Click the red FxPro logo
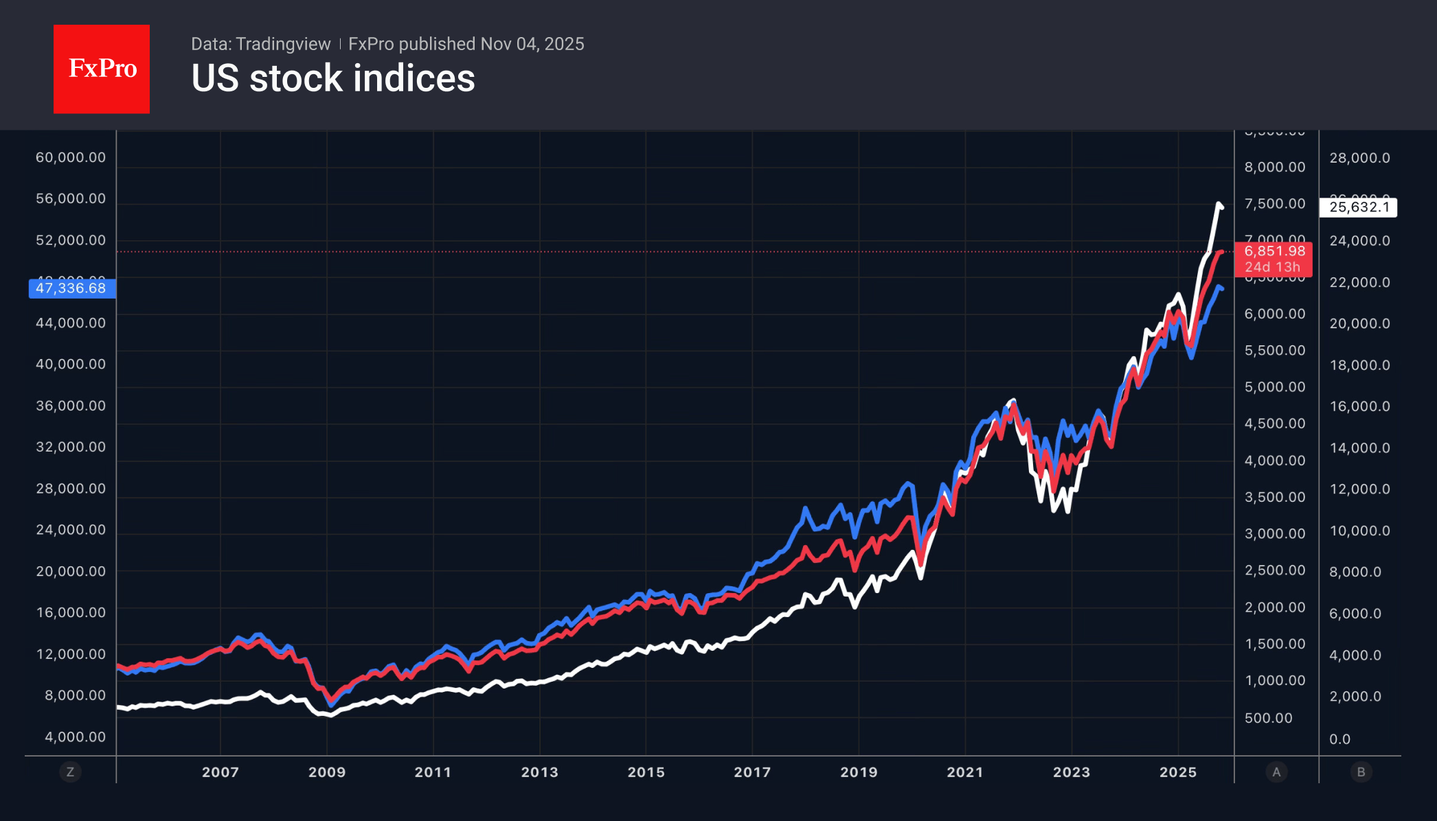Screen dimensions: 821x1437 point(102,69)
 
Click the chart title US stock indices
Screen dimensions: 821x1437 point(332,78)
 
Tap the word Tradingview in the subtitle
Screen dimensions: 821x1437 point(282,44)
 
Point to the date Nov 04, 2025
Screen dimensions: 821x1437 point(532,44)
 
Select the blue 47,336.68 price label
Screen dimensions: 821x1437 point(71,288)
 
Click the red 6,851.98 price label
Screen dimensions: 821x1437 point(1274,252)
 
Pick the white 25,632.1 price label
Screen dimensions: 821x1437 point(1358,207)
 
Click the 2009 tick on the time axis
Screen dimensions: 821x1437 point(327,772)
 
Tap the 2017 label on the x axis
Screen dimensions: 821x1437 point(752,772)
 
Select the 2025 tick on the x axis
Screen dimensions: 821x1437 point(1178,772)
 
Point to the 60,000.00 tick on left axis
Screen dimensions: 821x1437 point(71,157)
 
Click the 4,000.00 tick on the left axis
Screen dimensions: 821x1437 point(75,737)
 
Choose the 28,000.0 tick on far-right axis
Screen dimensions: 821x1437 point(1359,158)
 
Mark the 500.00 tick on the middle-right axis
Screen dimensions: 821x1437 point(1268,718)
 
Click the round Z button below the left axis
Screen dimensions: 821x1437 point(70,772)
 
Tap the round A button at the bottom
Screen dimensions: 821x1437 point(1276,772)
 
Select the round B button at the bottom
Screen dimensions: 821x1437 point(1361,772)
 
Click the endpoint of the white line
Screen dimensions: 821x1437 point(1221,207)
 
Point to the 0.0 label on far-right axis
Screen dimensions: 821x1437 point(1339,739)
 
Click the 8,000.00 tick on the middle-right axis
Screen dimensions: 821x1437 point(1275,167)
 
